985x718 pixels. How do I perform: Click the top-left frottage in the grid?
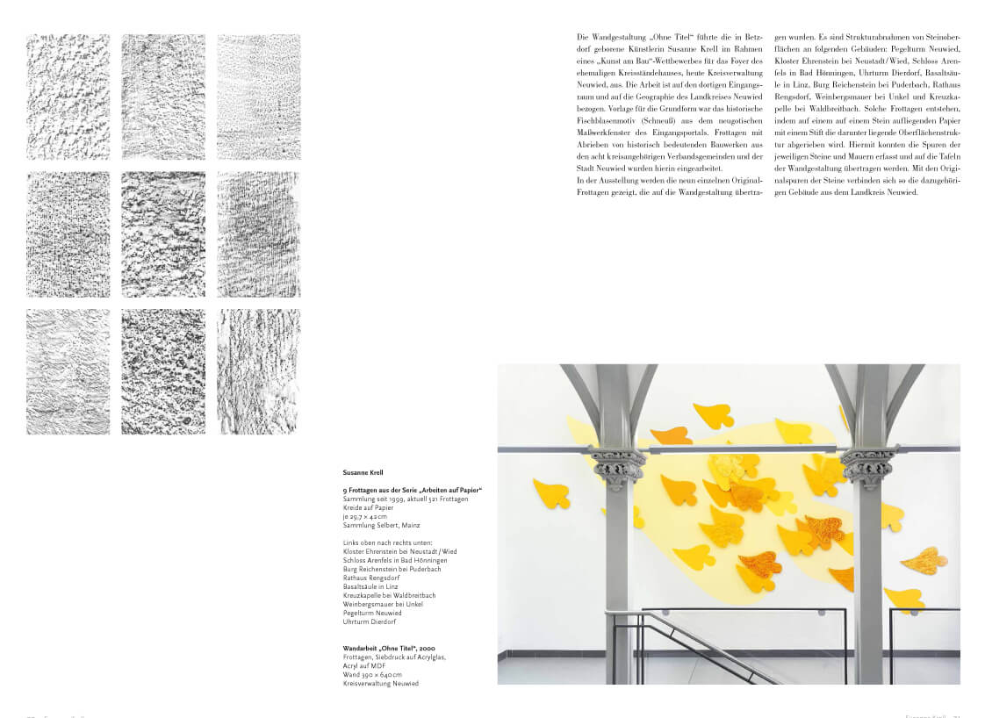point(68,97)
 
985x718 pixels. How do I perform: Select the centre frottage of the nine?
point(163,234)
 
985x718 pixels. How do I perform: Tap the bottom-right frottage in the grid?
point(258,371)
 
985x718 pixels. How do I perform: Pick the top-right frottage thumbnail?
point(258,97)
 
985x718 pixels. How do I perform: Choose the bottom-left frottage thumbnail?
point(68,371)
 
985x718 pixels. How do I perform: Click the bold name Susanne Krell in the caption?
point(363,472)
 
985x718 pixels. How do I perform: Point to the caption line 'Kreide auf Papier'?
point(368,508)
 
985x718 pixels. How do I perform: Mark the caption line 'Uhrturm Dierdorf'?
point(370,621)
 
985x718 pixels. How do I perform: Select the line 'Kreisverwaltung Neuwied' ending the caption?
point(381,683)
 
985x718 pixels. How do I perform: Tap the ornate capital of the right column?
point(867,466)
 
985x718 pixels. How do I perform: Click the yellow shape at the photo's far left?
point(550,493)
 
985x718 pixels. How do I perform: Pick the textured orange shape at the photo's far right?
point(924,560)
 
